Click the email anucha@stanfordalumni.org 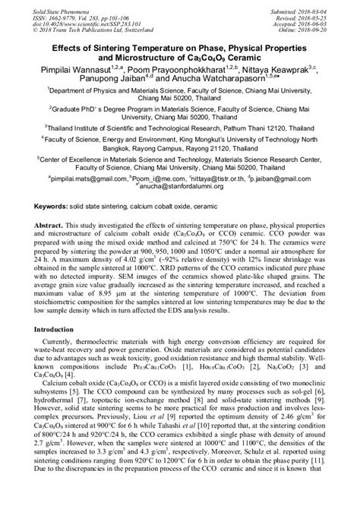point(181,186)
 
